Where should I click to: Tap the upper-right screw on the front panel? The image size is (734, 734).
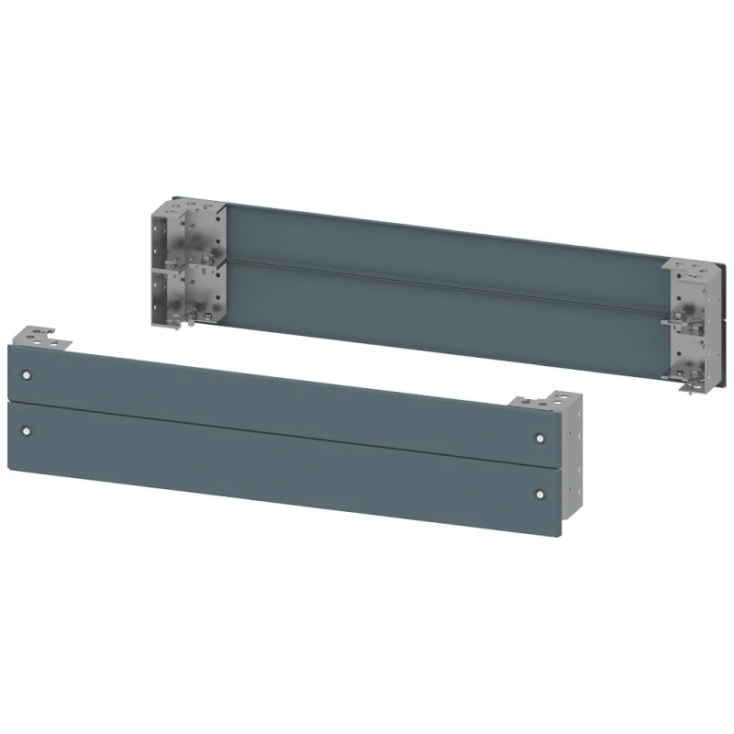pos(539,438)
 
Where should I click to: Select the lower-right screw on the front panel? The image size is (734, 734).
pos(539,495)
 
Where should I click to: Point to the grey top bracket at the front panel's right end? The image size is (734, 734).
pos(546,404)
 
